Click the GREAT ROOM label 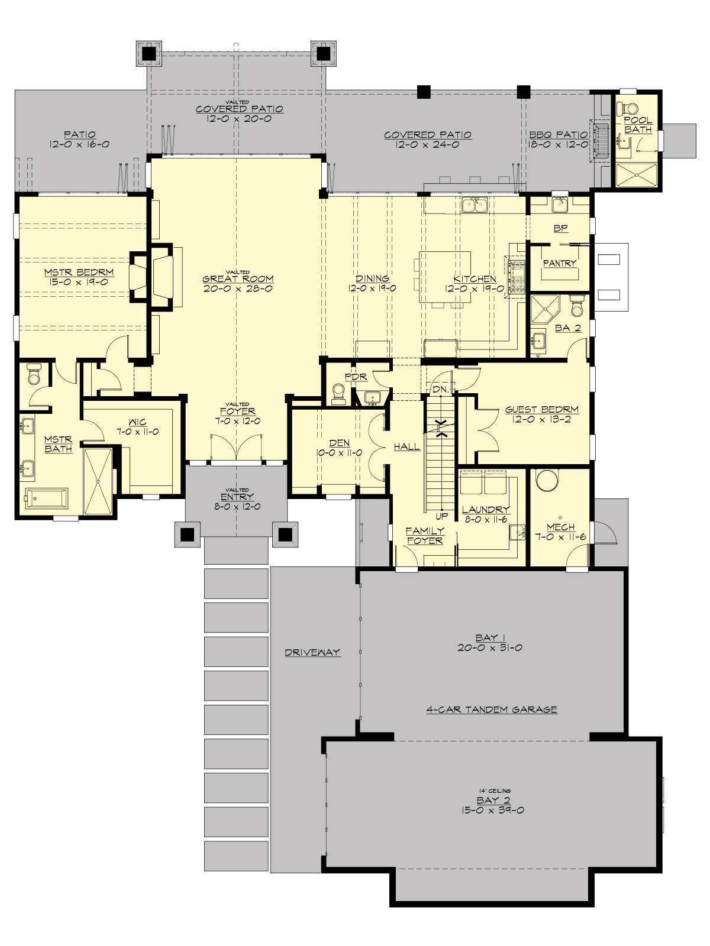click(238, 279)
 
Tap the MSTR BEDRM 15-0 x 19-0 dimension click(79, 283)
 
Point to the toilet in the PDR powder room click(339, 394)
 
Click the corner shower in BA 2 click(541, 309)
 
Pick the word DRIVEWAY click(312, 652)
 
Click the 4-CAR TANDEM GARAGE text click(492, 709)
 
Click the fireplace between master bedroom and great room click(149, 277)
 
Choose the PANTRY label click(559, 263)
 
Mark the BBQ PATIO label click(559, 135)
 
